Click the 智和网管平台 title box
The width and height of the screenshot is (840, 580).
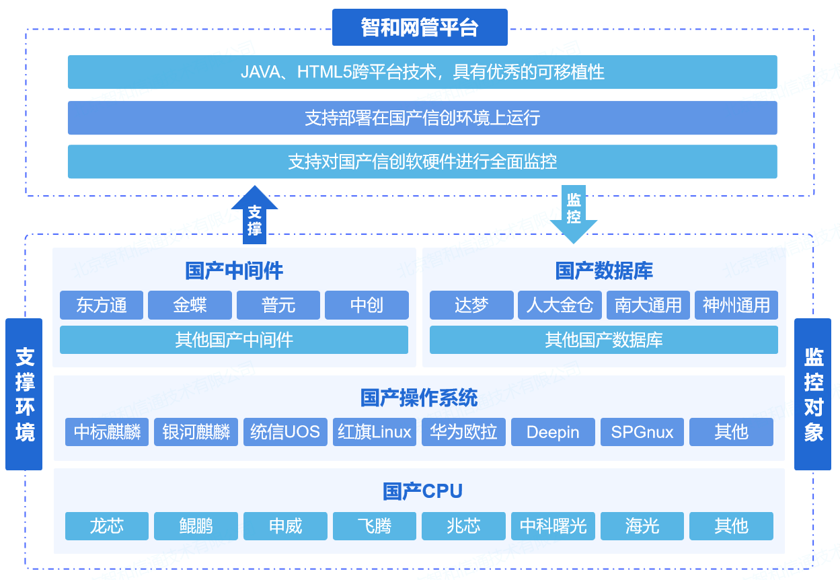pyautogui.click(x=420, y=28)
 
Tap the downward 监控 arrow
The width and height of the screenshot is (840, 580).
pyautogui.click(x=573, y=214)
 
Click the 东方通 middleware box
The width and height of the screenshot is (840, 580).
pyautogui.click(x=102, y=305)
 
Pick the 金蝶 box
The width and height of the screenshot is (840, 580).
pyautogui.click(x=190, y=305)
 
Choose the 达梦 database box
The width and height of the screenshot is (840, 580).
pyautogui.click(x=471, y=305)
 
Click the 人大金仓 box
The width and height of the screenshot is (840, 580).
pyautogui.click(x=560, y=305)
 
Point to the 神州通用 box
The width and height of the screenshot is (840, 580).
pyautogui.click(x=736, y=305)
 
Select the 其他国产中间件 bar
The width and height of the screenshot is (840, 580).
pyautogui.click(x=234, y=340)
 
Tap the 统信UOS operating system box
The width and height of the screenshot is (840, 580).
pyautogui.click(x=285, y=432)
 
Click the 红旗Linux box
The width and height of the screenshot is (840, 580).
pyautogui.click(x=375, y=432)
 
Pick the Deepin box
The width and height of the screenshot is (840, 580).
pyautogui.click(x=553, y=432)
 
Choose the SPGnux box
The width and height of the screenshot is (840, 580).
pyautogui.click(x=642, y=432)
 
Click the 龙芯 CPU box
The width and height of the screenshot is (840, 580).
pyautogui.click(x=107, y=525)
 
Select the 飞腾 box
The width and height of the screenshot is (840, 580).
pyautogui.click(x=375, y=525)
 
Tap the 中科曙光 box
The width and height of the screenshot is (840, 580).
pyautogui.click(x=553, y=525)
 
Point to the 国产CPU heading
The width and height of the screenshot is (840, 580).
pyautogui.click(x=422, y=491)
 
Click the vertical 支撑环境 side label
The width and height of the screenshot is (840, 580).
pyautogui.click(x=24, y=394)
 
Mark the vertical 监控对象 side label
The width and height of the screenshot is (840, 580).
pyautogui.click(x=813, y=394)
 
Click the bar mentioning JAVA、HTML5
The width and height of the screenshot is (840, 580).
pyautogui.click(x=422, y=72)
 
